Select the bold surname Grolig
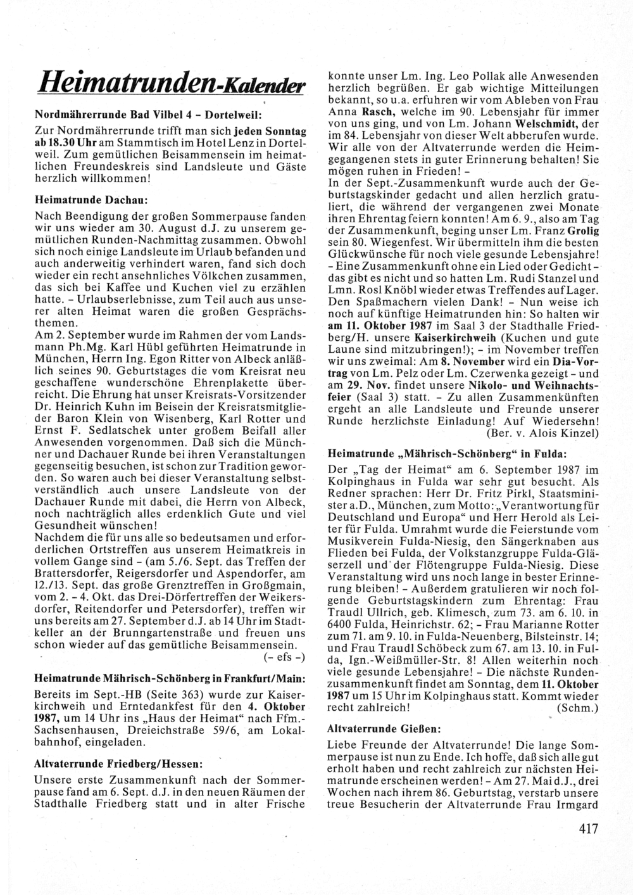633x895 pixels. (582, 231)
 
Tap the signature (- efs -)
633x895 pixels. (284, 656)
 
